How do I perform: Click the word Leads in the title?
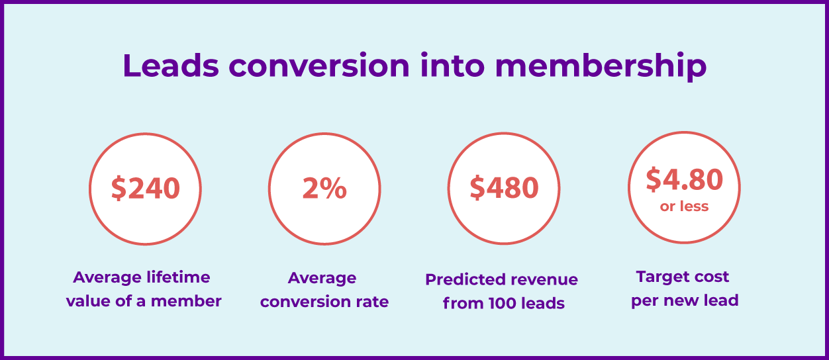click(x=171, y=66)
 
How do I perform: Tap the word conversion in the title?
click(x=319, y=66)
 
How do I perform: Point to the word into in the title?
click(x=452, y=65)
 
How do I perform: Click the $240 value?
click(x=146, y=189)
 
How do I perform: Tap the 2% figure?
click(x=324, y=189)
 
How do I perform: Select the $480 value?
click(x=504, y=187)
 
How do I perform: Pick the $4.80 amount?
click(x=684, y=179)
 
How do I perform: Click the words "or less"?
click(x=684, y=206)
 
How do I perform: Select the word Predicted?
click(x=462, y=279)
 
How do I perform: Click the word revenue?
click(x=540, y=280)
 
